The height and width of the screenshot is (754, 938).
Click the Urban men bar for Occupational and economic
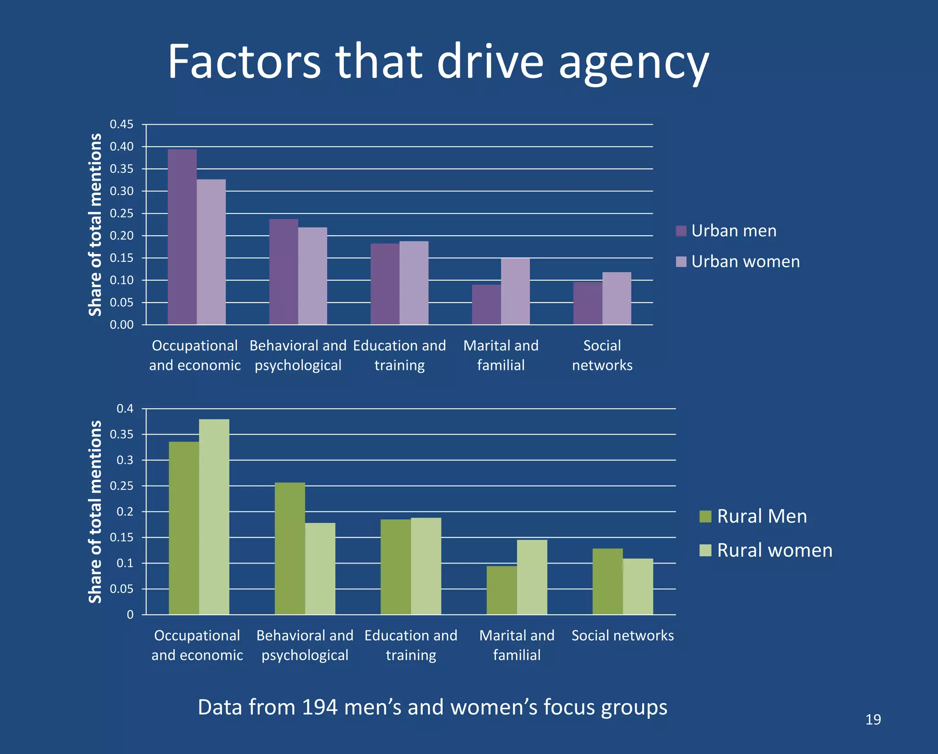(x=182, y=237)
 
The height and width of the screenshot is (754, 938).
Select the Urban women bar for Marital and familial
(x=515, y=291)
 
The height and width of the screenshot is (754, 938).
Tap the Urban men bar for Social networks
(x=588, y=303)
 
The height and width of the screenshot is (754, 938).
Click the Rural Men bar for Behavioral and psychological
(x=289, y=548)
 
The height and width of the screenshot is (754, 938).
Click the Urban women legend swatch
(x=681, y=261)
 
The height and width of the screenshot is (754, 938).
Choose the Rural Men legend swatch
(x=705, y=516)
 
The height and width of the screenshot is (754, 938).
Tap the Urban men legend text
(x=734, y=231)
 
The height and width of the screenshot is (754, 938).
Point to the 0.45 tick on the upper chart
(x=121, y=125)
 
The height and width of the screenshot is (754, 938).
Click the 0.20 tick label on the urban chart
(x=121, y=236)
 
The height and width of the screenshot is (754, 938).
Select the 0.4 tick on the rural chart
(x=125, y=408)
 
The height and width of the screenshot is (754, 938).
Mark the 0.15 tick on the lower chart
(x=121, y=537)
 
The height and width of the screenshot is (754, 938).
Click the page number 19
(x=873, y=720)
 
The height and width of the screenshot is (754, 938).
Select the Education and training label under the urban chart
(x=399, y=355)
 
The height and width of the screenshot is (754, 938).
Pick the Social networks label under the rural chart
(x=622, y=635)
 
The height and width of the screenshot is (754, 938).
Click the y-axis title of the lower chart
(x=95, y=511)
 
